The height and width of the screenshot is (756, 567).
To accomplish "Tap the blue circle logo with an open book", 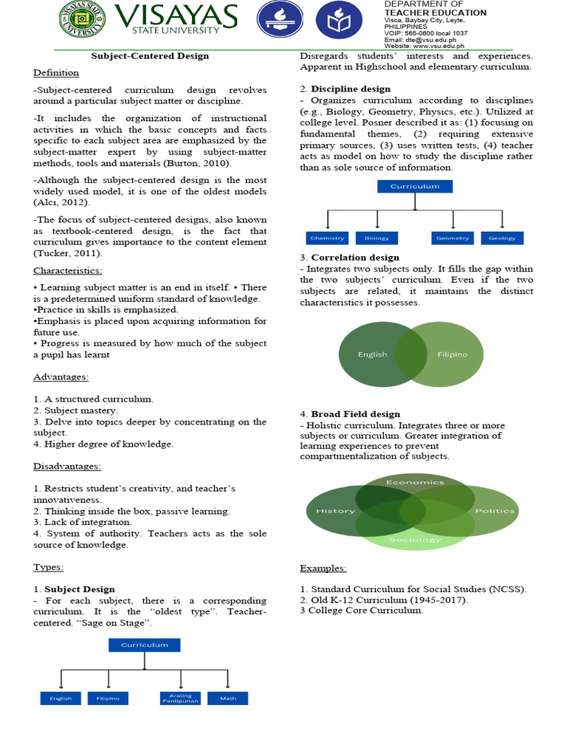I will click(x=339, y=21).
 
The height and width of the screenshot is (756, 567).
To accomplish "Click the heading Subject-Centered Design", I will click(x=150, y=55).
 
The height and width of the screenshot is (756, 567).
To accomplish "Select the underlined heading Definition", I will click(x=56, y=72).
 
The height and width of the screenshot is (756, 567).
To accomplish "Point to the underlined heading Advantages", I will click(x=61, y=377).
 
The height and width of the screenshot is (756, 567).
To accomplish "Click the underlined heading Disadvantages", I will click(x=67, y=466).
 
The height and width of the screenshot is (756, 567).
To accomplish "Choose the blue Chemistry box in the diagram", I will click(x=327, y=238).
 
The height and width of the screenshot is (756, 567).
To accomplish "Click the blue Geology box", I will click(x=502, y=238).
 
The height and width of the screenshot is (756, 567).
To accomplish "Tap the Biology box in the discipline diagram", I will click(x=377, y=238).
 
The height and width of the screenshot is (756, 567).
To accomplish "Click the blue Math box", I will click(x=227, y=698).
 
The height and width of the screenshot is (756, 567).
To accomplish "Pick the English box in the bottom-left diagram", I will click(x=61, y=698).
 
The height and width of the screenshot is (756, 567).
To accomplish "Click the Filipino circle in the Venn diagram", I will click(x=452, y=354).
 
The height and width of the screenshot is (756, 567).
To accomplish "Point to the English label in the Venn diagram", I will click(x=372, y=354).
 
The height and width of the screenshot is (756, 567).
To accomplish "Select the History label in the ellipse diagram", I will click(x=335, y=511).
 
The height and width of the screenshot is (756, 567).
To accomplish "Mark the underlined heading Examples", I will click(x=323, y=568).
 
